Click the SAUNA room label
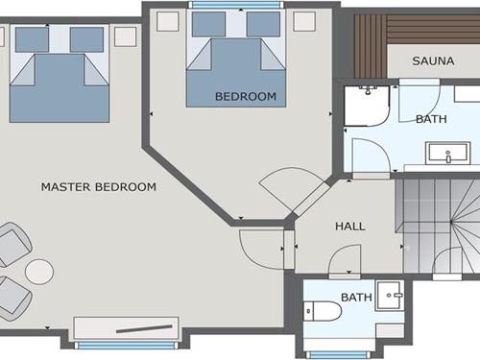(433, 60)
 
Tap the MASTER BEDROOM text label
(99, 186)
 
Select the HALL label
(350, 227)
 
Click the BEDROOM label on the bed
(246, 96)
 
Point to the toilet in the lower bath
(323, 311)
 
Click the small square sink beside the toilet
(389, 295)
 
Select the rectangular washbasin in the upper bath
(447, 155)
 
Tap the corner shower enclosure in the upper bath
(367, 106)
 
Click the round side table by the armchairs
(39, 272)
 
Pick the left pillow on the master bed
(32, 39)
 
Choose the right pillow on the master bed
(86, 39)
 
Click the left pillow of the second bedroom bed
(208, 24)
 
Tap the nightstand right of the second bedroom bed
(304, 21)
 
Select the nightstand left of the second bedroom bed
(168, 21)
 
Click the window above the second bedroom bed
(236, 5)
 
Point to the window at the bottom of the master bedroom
(126, 346)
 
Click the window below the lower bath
(338, 355)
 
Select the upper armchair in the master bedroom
(14, 244)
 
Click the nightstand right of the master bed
(126, 36)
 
